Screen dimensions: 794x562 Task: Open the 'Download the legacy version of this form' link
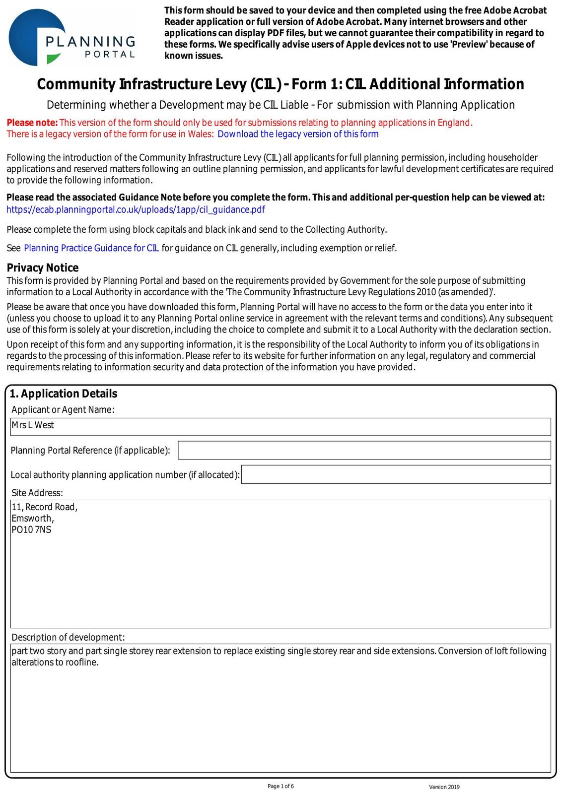[x=298, y=134]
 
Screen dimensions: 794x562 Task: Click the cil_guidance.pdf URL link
[x=136, y=209]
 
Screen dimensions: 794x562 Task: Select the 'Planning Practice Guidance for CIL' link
[x=91, y=248]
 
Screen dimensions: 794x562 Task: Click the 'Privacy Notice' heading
[x=43, y=268]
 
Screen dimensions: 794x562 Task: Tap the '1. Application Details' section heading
[x=64, y=394]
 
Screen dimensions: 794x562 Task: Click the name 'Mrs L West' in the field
[x=33, y=425]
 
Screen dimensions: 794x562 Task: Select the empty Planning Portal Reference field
[x=364, y=450]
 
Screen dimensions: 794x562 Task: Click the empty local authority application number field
[x=396, y=474]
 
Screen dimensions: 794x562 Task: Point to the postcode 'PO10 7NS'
[x=31, y=529]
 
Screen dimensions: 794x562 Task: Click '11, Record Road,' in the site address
[x=45, y=507]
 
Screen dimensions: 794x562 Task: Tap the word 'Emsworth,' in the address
[x=33, y=519]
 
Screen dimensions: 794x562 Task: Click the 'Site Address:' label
[x=37, y=493]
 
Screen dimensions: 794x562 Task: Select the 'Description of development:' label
[x=68, y=637]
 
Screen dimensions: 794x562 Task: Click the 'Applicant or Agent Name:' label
[x=63, y=409]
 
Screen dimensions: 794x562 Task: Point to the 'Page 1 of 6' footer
[x=281, y=786]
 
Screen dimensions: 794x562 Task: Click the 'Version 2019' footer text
[x=444, y=787]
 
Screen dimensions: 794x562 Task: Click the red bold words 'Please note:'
[x=32, y=123]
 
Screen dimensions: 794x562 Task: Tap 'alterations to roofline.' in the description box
[x=55, y=662]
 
